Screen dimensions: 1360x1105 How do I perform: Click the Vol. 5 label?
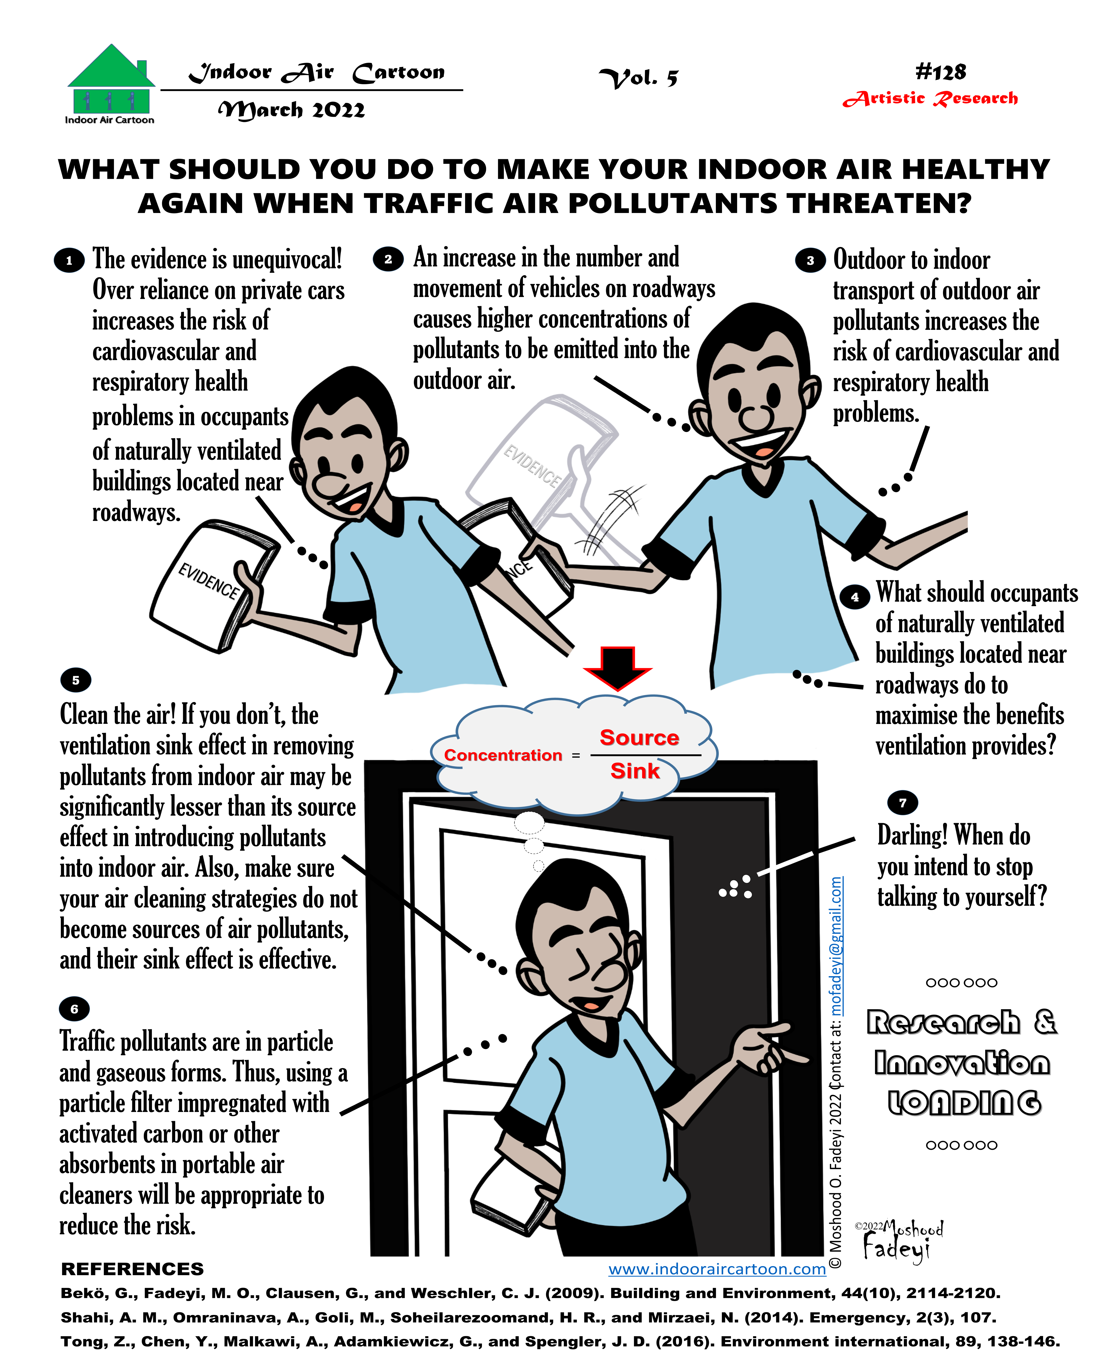(638, 78)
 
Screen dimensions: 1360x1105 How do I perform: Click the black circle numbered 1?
(69, 260)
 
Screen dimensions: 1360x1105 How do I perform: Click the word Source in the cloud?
(639, 738)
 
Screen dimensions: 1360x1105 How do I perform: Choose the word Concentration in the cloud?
(503, 755)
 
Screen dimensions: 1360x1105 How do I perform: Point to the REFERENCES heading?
(132, 1269)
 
